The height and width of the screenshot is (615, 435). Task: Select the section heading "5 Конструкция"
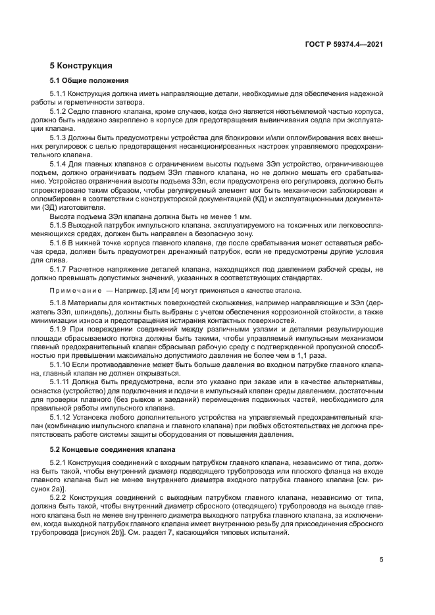[81, 66]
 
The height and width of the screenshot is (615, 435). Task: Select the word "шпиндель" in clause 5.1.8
[97, 311]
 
